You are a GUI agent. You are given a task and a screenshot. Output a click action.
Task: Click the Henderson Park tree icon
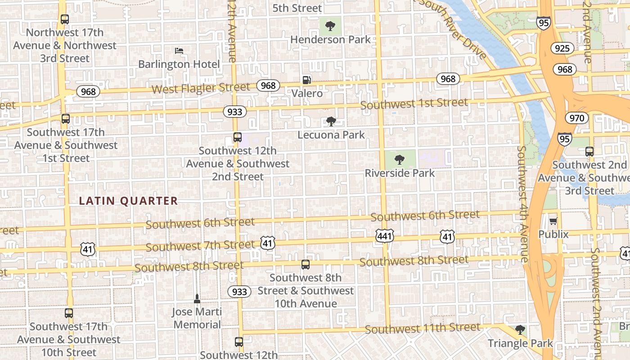tap(330, 26)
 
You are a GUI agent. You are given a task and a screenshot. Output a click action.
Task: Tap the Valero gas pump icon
tap(306, 80)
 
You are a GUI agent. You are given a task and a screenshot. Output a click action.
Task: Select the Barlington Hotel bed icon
tap(179, 51)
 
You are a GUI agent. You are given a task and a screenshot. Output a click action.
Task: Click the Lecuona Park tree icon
tap(331, 121)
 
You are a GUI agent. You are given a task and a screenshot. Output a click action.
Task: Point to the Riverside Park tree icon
tap(399, 160)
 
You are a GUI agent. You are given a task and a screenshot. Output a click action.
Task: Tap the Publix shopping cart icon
tap(553, 221)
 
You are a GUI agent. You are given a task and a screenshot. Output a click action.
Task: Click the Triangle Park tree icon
tap(520, 330)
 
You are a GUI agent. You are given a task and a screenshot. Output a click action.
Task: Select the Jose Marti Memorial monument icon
tap(197, 298)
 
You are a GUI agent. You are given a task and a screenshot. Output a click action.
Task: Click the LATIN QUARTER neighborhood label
tap(129, 201)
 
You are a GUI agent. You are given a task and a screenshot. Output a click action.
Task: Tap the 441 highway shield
tap(385, 235)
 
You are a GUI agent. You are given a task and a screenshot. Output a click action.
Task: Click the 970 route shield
tap(576, 118)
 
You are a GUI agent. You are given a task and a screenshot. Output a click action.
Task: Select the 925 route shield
tap(562, 49)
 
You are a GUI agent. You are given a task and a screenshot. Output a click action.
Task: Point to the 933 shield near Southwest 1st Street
tap(234, 112)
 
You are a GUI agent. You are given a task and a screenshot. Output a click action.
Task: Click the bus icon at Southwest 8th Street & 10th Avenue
tap(306, 265)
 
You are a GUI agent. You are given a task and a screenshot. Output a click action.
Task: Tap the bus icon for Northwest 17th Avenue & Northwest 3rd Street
tap(65, 19)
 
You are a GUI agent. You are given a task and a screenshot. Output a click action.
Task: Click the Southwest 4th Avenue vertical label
tap(522, 203)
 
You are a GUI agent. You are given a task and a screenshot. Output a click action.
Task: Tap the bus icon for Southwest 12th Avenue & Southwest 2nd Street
tap(237, 137)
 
